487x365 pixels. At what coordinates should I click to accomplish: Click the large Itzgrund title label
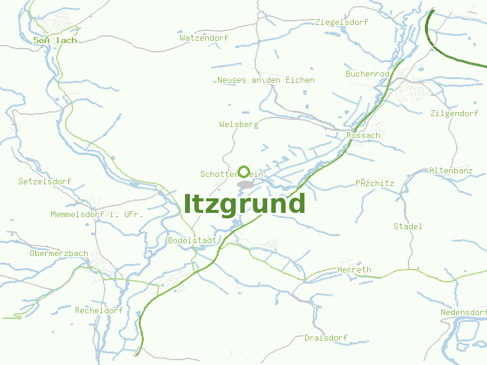tap(244, 204)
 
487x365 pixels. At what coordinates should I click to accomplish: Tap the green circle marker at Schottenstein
tap(244, 172)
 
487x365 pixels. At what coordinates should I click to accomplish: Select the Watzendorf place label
tap(204, 38)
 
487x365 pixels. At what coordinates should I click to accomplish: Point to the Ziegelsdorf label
tap(342, 23)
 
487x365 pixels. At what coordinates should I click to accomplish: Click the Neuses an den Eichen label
tap(266, 80)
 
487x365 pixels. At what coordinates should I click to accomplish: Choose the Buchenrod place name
tap(368, 74)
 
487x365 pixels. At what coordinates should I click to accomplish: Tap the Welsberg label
tap(239, 125)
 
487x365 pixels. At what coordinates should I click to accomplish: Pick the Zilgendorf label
tap(454, 114)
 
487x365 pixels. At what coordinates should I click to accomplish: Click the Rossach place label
tap(363, 136)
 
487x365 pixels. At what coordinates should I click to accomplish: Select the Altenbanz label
tap(451, 171)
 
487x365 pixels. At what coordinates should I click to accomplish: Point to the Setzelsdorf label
tap(44, 182)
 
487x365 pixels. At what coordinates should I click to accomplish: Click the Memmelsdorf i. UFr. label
tap(97, 215)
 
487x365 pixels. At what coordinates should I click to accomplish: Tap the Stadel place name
tap(408, 226)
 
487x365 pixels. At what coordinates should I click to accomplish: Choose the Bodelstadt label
tap(192, 240)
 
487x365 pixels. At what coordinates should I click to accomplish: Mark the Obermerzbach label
tap(59, 254)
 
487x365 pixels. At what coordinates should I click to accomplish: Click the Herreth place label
tap(354, 270)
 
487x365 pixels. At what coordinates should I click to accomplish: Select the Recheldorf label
tap(99, 310)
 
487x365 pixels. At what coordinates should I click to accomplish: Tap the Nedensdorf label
tap(464, 313)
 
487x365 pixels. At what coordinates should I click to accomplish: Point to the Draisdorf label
tap(326, 338)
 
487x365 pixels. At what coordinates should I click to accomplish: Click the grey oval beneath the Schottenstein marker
tap(245, 184)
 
